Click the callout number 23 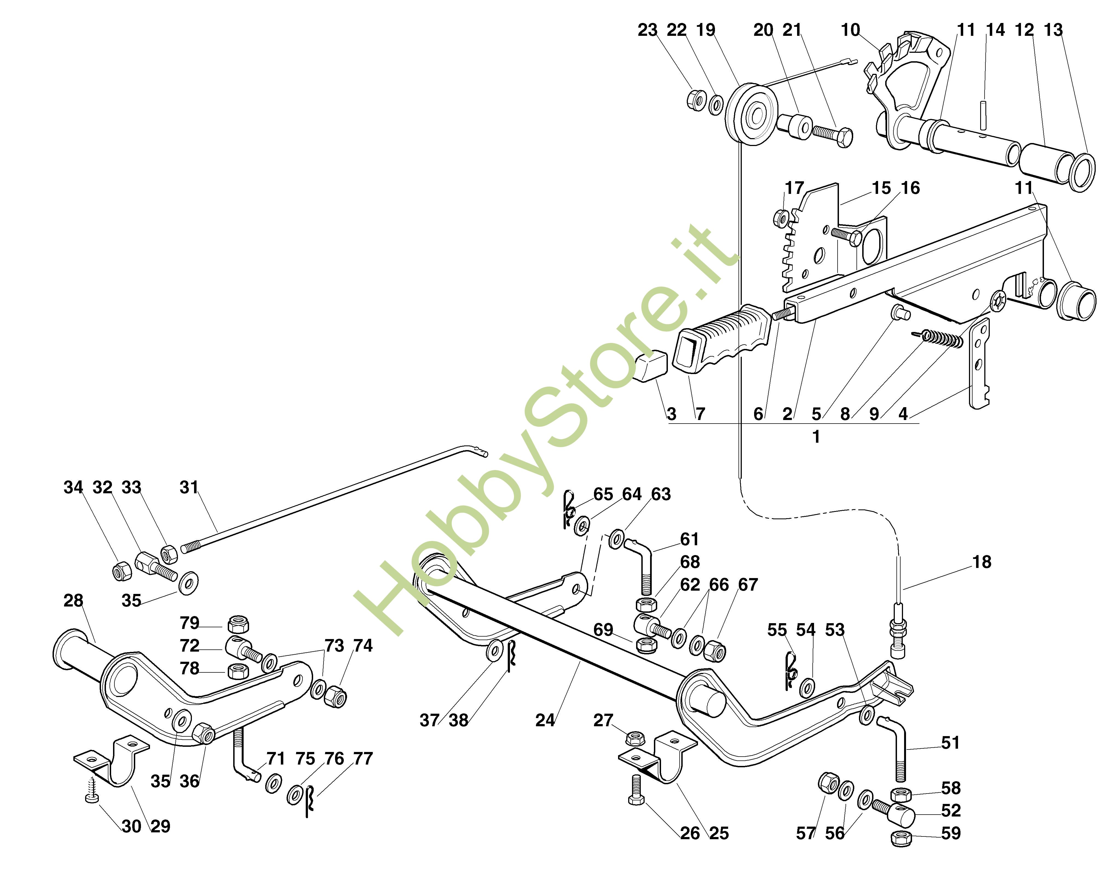(647, 31)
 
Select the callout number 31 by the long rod (189, 488)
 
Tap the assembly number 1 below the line (816, 436)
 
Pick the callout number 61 (690, 539)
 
